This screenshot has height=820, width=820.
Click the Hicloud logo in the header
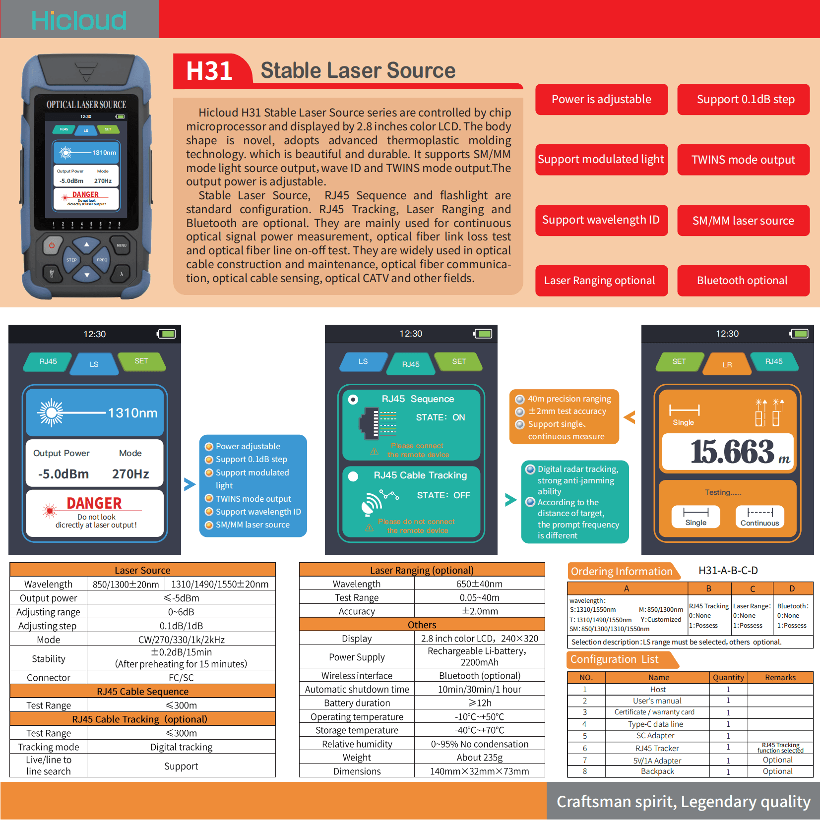coord(79,20)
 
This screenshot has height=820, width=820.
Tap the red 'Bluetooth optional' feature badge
coord(743,281)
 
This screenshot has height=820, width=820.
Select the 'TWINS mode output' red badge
coord(743,160)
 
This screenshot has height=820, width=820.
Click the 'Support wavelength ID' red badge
coord(601,220)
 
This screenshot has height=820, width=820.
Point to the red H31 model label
coord(209,70)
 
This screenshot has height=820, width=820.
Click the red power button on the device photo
coord(52,245)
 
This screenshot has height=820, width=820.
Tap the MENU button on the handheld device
coord(122,245)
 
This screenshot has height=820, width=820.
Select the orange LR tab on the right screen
coord(727,364)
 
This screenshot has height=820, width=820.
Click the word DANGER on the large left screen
coord(94,503)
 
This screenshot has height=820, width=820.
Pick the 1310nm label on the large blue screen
coord(132,413)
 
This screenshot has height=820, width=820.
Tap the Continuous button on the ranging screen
coord(759,517)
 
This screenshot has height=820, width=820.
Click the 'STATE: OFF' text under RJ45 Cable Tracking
coord(443,495)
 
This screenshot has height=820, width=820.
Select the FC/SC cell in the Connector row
coord(181,678)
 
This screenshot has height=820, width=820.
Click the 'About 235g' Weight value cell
coord(479,758)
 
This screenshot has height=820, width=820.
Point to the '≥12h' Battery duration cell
coord(479,703)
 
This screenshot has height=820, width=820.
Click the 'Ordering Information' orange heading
coord(622,571)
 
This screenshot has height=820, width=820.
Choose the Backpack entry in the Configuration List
coord(657,771)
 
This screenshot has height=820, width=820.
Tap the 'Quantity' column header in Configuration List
coord(728,678)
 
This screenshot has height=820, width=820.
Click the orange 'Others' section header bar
coord(422,625)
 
